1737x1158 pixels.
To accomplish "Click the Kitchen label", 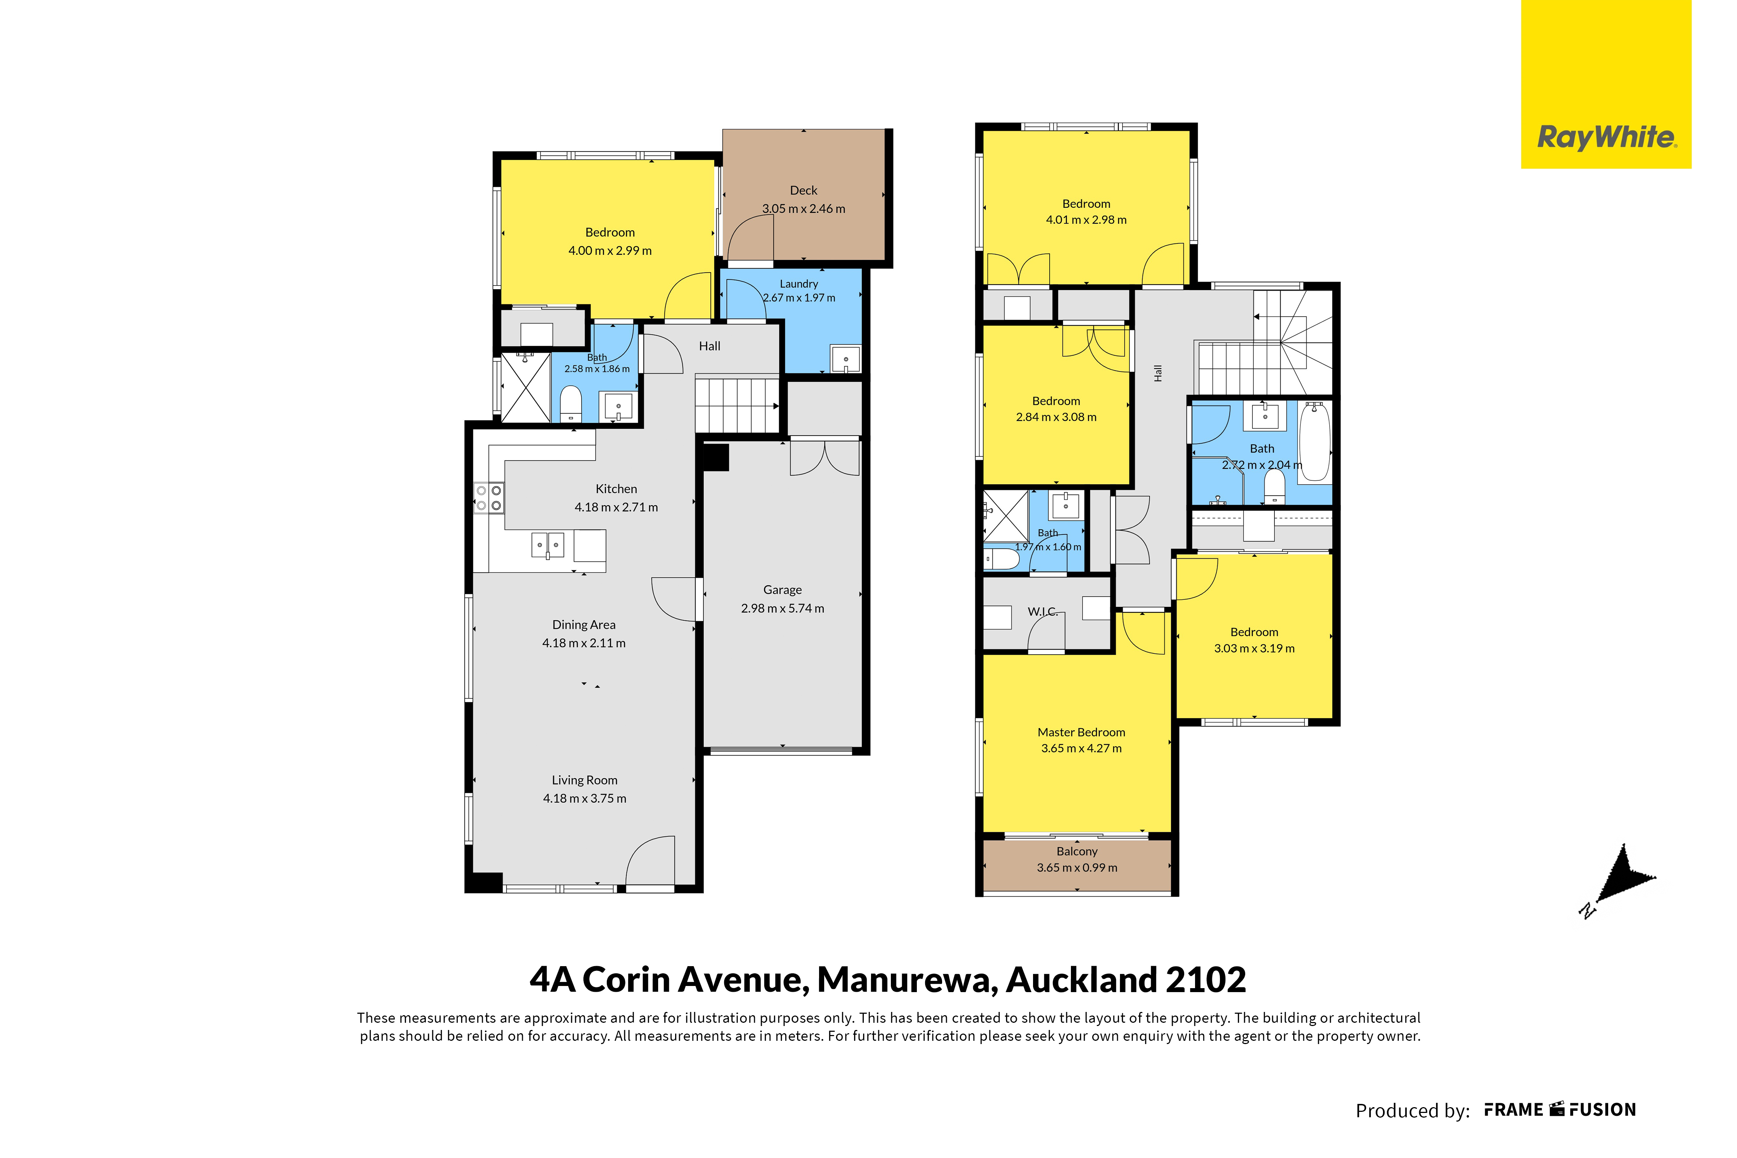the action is pos(616,489).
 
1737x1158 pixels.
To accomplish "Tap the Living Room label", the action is pos(585,781).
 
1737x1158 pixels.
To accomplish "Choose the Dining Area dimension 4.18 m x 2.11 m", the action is pos(584,643).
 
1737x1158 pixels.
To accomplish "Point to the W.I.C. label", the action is pos(1042,612).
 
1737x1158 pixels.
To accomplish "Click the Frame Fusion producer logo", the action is pos(1560,1110).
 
